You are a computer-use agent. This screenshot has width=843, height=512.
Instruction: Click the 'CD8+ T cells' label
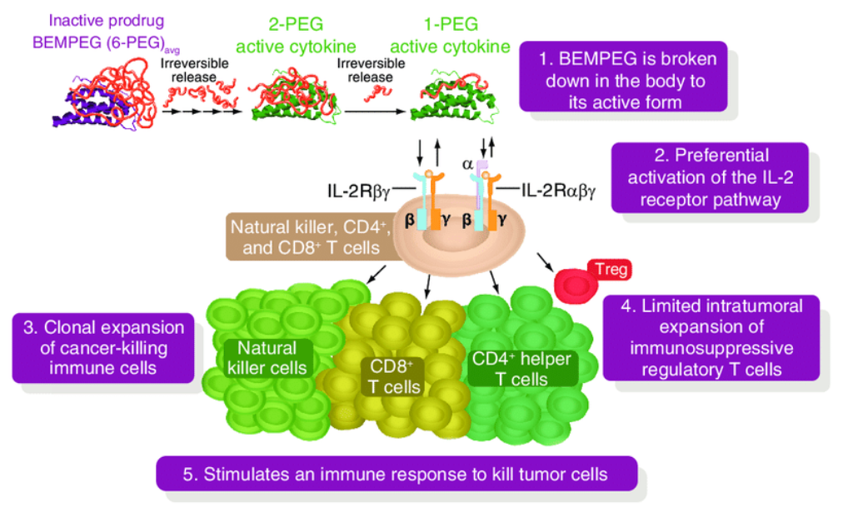pyautogui.click(x=397, y=375)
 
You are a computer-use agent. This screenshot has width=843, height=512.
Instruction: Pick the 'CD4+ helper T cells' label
pyautogui.click(x=522, y=369)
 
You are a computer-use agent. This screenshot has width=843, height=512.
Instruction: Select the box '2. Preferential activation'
pyautogui.click(x=709, y=177)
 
